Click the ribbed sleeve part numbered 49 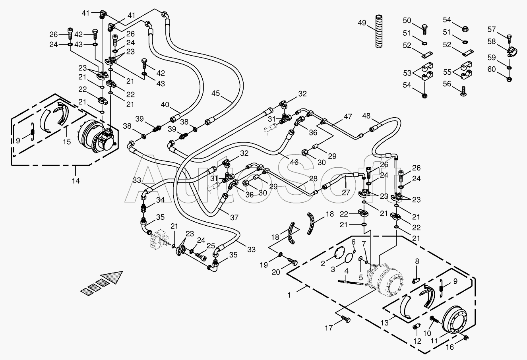pyautogui.click(x=379, y=31)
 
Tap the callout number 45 pyautogui.click(x=215, y=93)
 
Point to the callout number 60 pyautogui.click(x=492, y=70)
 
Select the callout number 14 pyautogui.click(x=76, y=181)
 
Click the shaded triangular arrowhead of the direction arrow pyautogui.click(x=112, y=277)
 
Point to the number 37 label pyautogui.click(x=234, y=217)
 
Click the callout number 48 pyautogui.click(x=366, y=116)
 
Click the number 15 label pyautogui.click(x=67, y=142)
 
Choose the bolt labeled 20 pyautogui.click(x=293, y=261)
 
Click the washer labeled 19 pyautogui.click(x=281, y=255)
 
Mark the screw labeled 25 pyautogui.click(x=201, y=256)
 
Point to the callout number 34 pyautogui.click(x=160, y=200)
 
